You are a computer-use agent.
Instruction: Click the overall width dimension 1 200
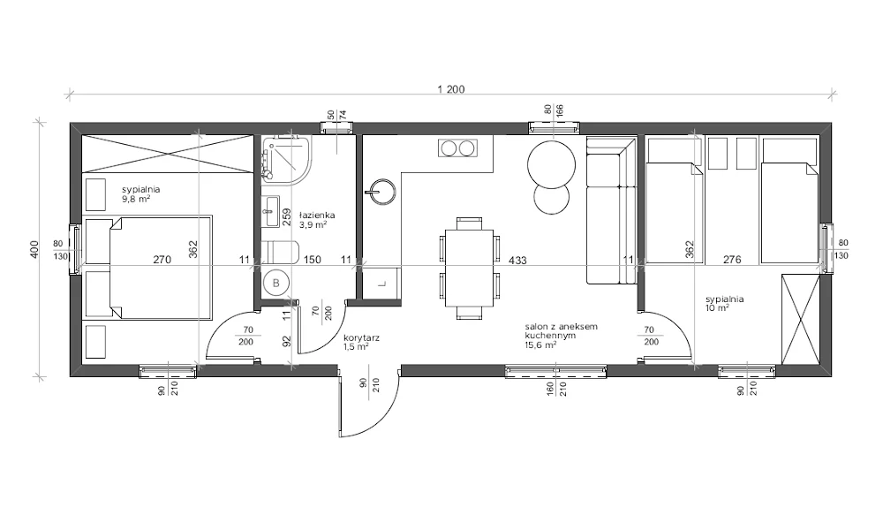coord(451,89)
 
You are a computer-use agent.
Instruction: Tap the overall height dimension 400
coord(34,249)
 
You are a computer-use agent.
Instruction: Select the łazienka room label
coord(316,215)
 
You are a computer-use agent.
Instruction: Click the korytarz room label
coord(361,338)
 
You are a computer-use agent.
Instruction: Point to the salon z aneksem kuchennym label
coord(561,330)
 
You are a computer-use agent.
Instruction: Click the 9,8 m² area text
coord(136,198)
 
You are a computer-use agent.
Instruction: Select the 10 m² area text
coord(717,308)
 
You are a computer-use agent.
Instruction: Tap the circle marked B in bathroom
coord(275,284)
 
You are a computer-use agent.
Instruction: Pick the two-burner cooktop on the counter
coord(457,148)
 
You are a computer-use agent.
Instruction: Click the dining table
coord(469,268)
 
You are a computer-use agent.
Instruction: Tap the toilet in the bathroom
coord(280,252)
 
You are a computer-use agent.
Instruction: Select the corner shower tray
coord(285,158)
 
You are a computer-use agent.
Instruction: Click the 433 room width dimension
coord(517,261)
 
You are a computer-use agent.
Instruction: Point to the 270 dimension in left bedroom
coord(162,260)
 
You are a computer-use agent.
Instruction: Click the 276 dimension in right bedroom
coord(731,260)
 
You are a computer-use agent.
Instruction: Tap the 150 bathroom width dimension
coord(312,260)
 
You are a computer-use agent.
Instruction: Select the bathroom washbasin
coord(271,211)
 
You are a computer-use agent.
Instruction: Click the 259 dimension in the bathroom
coord(286,217)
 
